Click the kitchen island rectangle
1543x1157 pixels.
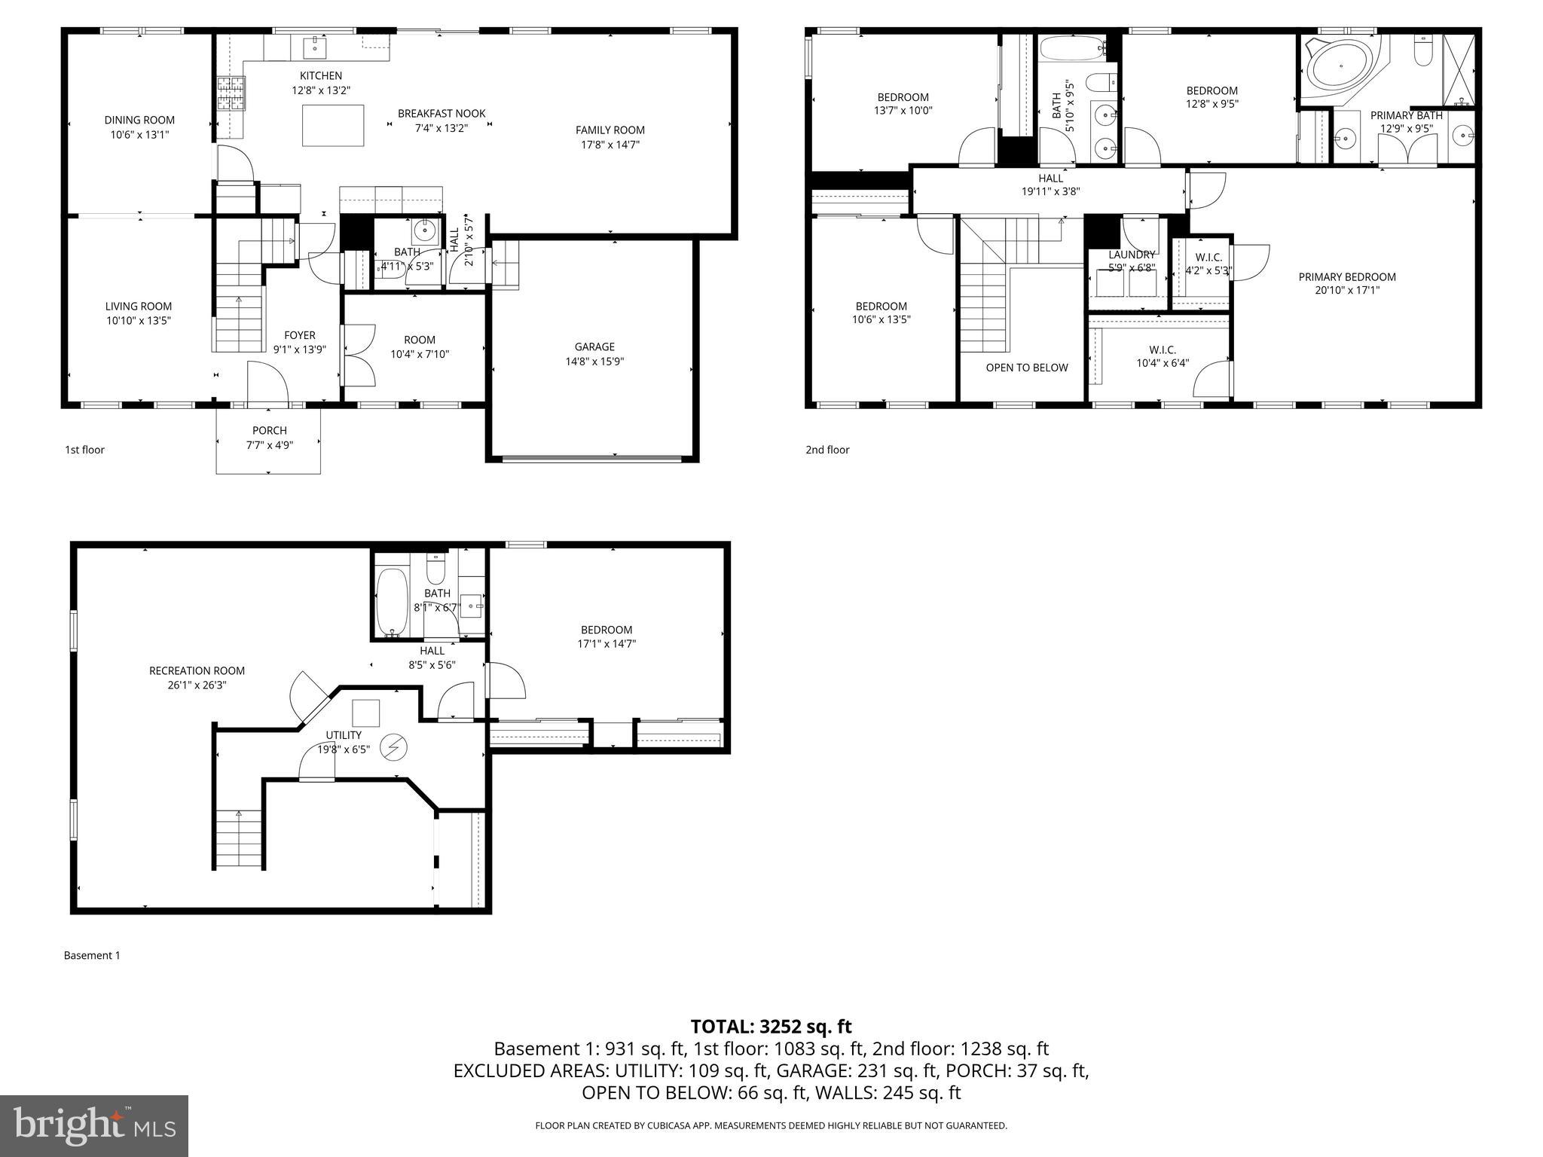point(333,125)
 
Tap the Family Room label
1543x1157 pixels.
point(610,130)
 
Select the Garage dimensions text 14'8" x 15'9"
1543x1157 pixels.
point(594,361)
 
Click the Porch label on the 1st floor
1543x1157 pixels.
point(269,430)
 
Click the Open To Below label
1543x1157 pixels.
point(1026,368)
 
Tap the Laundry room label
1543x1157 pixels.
point(1131,255)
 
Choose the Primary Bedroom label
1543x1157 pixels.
point(1346,276)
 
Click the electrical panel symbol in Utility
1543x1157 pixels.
point(393,746)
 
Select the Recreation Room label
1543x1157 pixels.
point(197,670)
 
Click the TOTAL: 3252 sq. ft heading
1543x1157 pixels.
point(771,1026)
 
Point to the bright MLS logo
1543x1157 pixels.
point(94,1125)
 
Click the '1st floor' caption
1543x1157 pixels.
point(84,450)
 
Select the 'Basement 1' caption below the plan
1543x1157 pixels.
point(92,955)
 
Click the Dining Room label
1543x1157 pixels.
point(139,120)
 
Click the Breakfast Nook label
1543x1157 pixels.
point(442,113)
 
